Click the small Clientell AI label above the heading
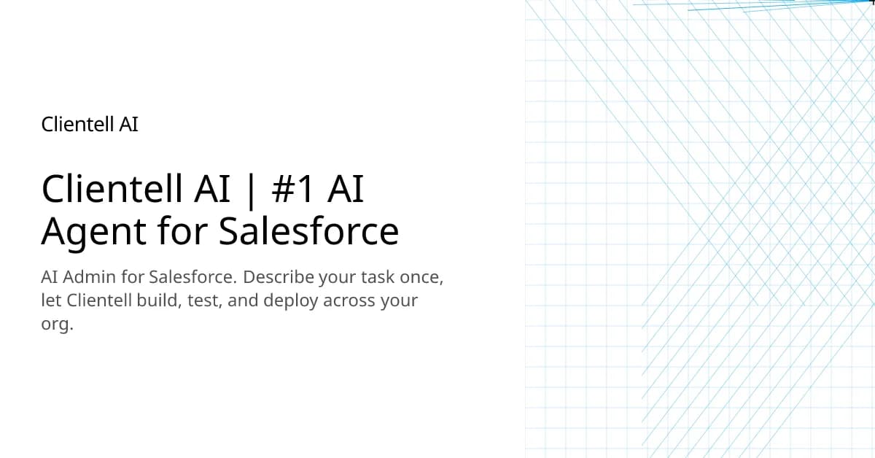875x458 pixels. coord(90,125)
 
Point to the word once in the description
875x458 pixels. coord(421,278)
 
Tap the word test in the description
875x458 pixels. coord(203,300)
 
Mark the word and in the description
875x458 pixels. coord(243,300)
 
